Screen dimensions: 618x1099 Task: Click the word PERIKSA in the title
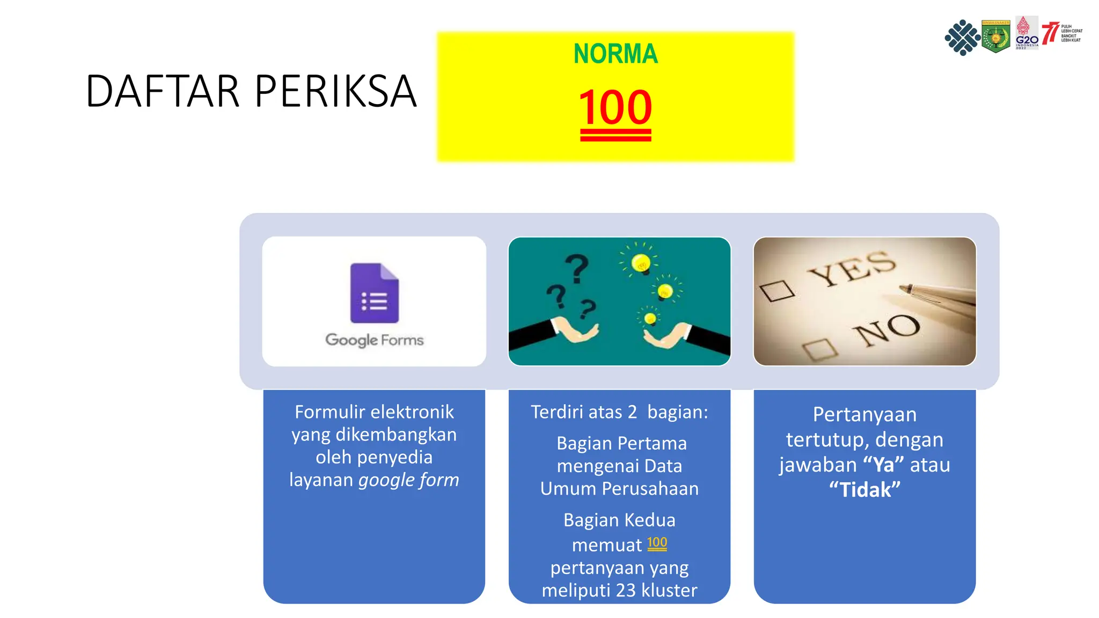tap(335, 92)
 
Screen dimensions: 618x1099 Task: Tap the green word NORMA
tap(616, 54)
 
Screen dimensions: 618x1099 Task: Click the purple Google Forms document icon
tap(375, 293)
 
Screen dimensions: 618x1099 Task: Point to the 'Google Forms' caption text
tap(375, 340)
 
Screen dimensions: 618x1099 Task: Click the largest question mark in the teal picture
tap(577, 268)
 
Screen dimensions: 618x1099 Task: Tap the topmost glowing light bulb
tap(641, 262)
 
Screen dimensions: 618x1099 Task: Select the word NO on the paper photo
tap(888, 328)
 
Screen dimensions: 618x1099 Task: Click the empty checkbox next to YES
tap(776, 291)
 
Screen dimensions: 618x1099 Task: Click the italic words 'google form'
tap(408, 480)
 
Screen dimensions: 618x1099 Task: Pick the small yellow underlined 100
tap(657, 543)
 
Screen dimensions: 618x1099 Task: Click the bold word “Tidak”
tap(864, 490)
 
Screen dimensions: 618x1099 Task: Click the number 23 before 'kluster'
tap(626, 590)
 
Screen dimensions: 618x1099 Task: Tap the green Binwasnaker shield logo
tap(995, 36)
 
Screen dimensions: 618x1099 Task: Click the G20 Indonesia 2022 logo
tap(1027, 33)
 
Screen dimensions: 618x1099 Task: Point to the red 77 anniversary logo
tap(1050, 33)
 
